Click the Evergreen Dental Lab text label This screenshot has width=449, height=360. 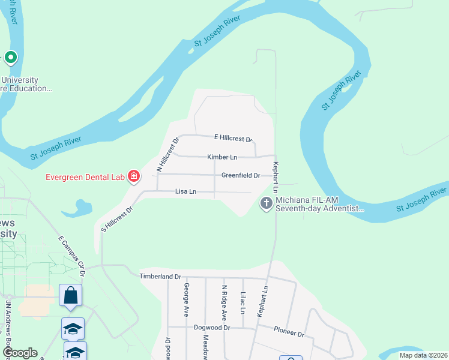(85, 176)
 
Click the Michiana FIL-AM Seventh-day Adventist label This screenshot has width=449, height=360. (320, 204)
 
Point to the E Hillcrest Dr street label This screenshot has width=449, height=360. (234, 138)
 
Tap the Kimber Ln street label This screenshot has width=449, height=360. (222, 157)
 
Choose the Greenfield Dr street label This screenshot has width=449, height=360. (240, 176)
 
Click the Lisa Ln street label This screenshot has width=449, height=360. (185, 191)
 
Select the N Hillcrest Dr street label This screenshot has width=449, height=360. (168, 155)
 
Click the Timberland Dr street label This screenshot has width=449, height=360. (160, 276)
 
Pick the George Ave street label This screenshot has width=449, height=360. (187, 300)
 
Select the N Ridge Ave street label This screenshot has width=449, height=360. (224, 302)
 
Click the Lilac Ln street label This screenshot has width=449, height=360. (243, 303)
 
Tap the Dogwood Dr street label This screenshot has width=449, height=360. (212, 328)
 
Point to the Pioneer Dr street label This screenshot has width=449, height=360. (289, 332)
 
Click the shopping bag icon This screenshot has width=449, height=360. (70, 295)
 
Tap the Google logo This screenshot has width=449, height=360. (19, 353)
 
